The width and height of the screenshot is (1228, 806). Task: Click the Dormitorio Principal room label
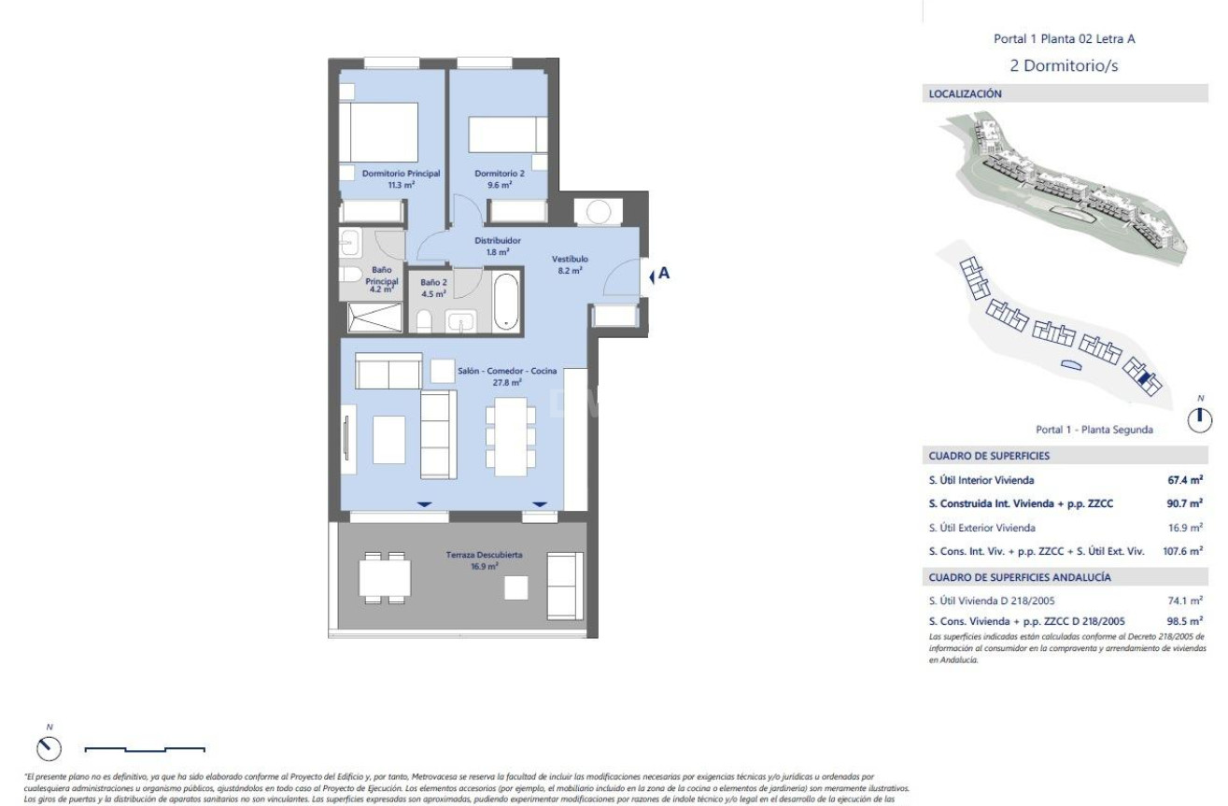tap(388, 178)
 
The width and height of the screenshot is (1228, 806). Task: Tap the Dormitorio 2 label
tap(500, 178)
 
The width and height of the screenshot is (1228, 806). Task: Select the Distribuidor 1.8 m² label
tap(498, 246)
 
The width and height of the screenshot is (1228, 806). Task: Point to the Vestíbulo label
tap(570, 264)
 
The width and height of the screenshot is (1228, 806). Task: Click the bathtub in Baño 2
tap(505, 301)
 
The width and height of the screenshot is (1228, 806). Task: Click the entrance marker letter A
tap(664, 275)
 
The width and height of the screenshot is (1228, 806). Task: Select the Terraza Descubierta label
tap(484, 559)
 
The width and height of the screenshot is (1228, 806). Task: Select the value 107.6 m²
tap(1180, 552)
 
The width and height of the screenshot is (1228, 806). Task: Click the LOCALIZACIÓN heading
tap(966, 94)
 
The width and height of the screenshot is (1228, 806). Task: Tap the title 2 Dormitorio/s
tap(1065, 65)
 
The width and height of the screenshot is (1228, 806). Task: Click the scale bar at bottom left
tap(145, 748)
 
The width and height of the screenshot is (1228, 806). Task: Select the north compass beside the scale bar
tap(49, 747)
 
